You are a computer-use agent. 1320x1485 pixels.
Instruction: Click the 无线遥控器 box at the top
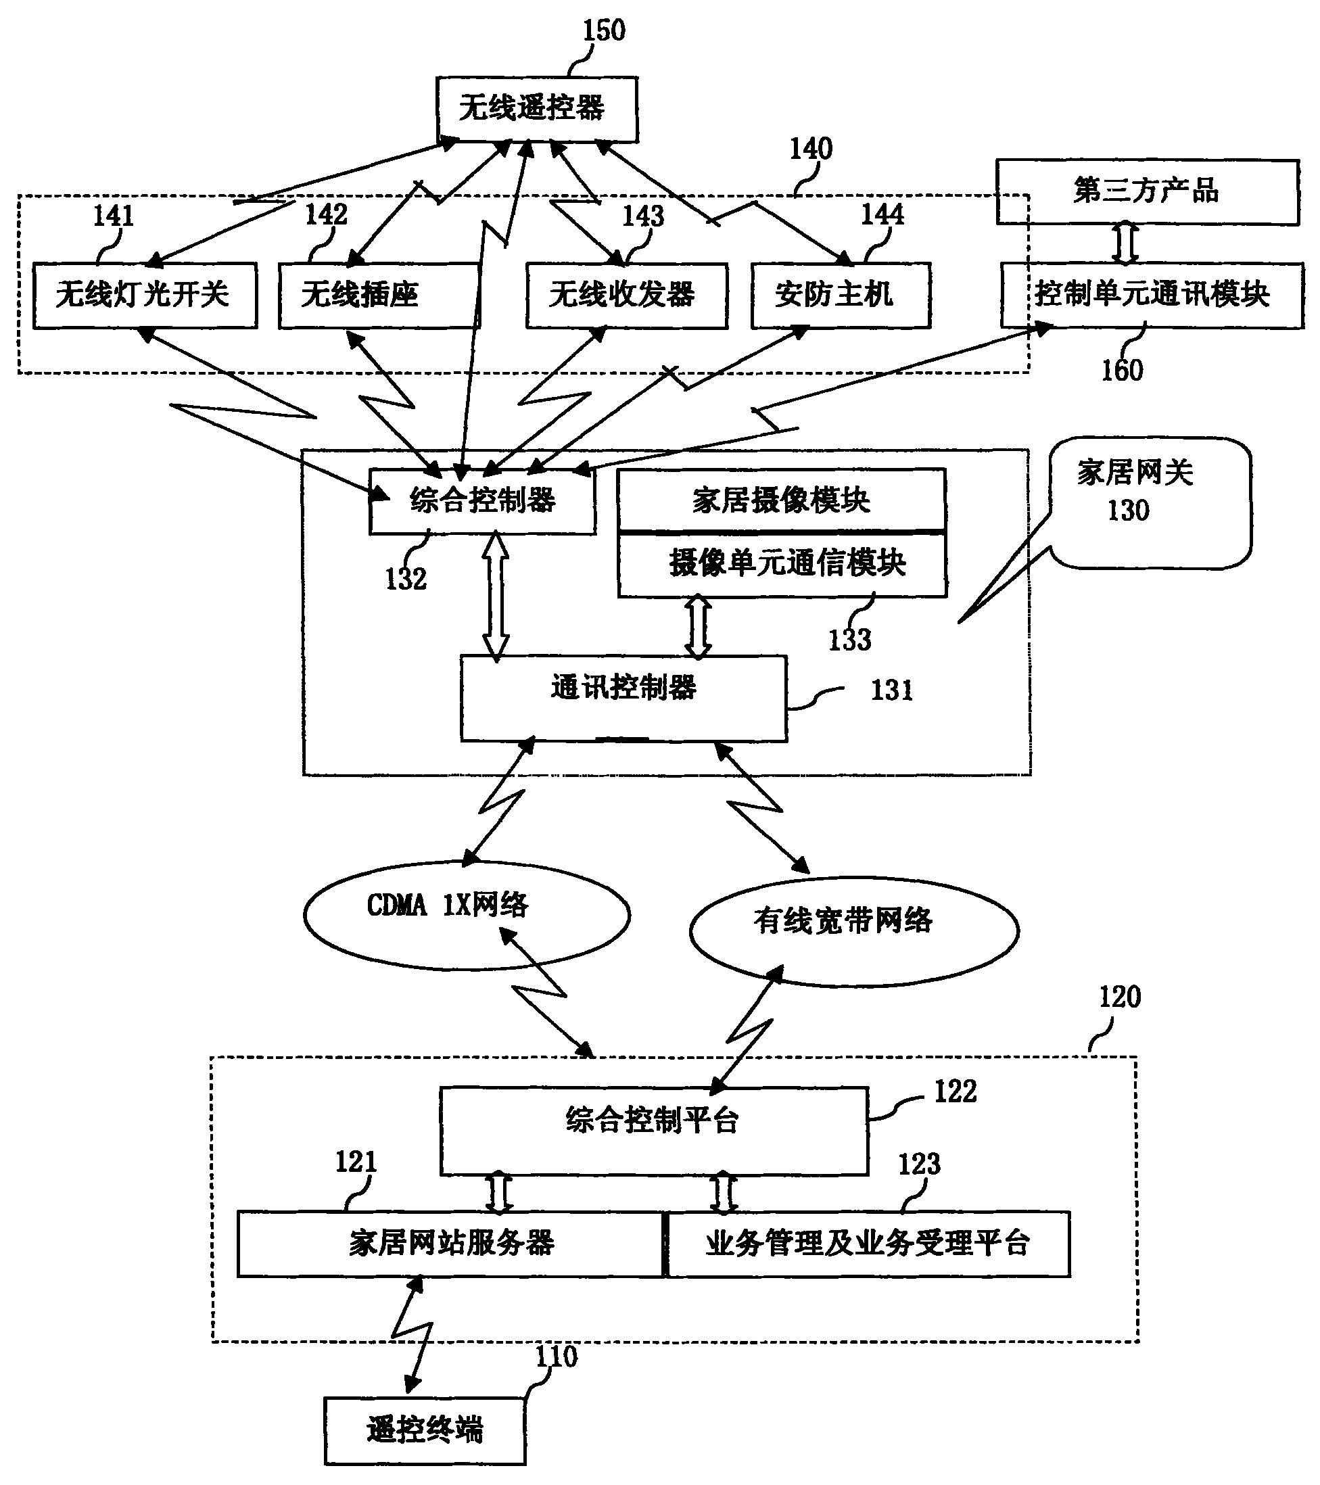pyautogui.click(x=537, y=109)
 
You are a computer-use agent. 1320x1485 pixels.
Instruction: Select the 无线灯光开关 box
pyautogui.click(x=145, y=296)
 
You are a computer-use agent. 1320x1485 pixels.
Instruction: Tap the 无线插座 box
pyautogui.click(x=379, y=296)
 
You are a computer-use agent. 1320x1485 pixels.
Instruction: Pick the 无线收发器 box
pyautogui.click(x=626, y=296)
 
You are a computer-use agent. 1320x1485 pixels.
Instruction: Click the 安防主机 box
pyautogui.click(x=841, y=296)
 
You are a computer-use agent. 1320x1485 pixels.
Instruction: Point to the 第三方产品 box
pyautogui.click(x=1147, y=192)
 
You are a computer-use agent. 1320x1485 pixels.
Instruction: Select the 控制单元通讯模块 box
pyautogui.click(x=1152, y=296)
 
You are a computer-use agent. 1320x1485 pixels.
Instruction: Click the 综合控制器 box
pyautogui.click(x=482, y=501)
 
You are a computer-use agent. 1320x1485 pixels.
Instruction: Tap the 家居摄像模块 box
pyautogui.click(x=782, y=500)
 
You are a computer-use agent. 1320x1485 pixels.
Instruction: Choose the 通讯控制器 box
pyautogui.click(x=623, y=697)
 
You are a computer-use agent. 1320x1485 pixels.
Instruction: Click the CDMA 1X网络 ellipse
pyautogui.click(x=467, y=915)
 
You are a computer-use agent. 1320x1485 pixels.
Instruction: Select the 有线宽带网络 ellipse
pyautogui.click(x=853, y=930)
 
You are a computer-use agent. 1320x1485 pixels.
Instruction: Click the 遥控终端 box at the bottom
pyautogui.click(x=425, y=1430)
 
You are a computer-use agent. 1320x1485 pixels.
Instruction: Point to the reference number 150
pyautogui.click(x=604, y=30)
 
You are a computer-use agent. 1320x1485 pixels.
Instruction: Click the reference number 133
pyautogui.click(x=849, y=640)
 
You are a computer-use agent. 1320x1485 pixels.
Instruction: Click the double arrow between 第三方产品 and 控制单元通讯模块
pyautogui.click(x=1125, y=244)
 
